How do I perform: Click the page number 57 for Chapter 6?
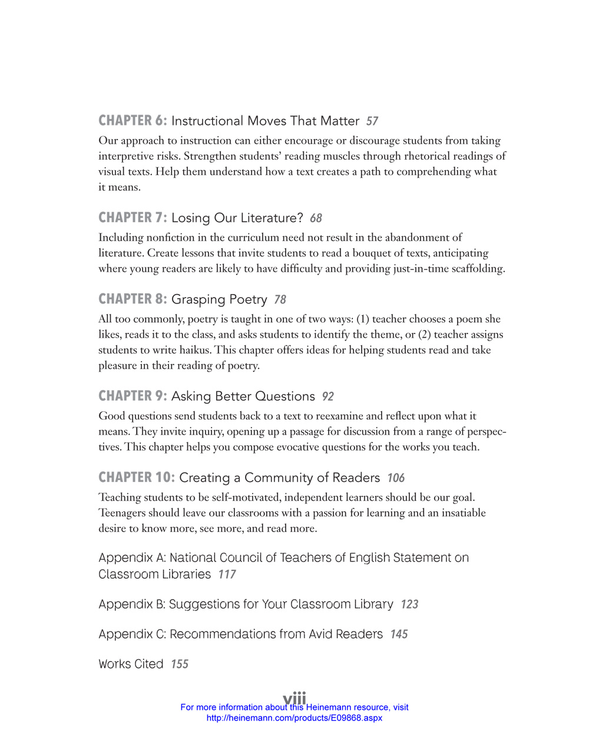point(372,121)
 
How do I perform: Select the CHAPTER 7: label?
point(133,218)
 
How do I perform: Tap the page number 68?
point(316,219)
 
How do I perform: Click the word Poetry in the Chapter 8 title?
point(248,300)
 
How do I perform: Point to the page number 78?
point(280,300)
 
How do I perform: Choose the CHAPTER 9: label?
point(133,397)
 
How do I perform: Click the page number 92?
point(328,397)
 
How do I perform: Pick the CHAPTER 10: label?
point(137,478)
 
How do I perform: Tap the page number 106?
point(396,478)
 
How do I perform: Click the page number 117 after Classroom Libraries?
point(227,574)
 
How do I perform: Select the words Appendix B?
point(131,604)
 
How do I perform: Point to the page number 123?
point(409,604)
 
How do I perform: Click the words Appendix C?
point(132,635)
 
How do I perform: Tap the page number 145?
point(399,635)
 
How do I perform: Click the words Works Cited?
point(131,664)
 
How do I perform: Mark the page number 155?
point(180,665)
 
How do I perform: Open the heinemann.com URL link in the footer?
point(294,718)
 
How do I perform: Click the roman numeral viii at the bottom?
point(294,698)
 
